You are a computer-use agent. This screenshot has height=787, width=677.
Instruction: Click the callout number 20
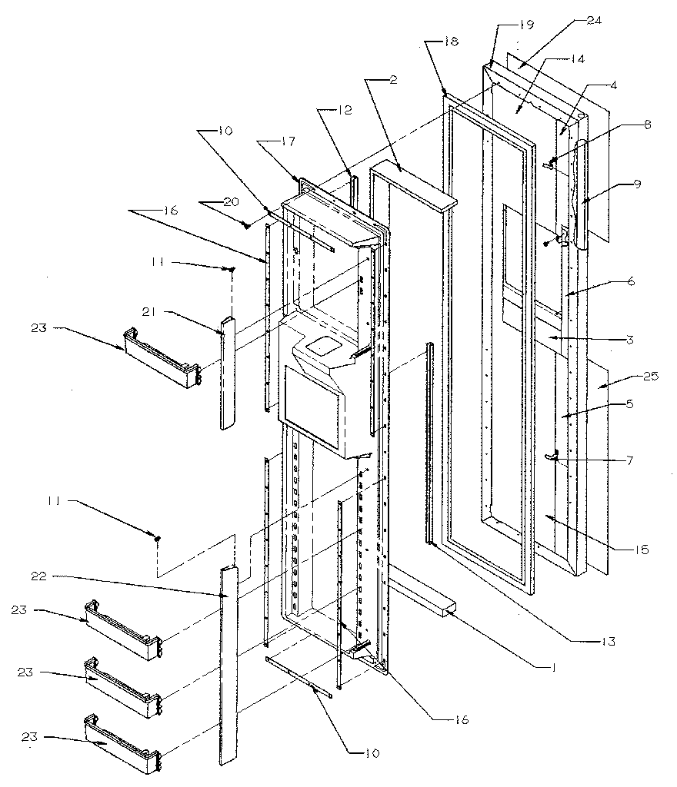pyautogui.click(x=210, y=204)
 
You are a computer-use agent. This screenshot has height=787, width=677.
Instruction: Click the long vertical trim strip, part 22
pyautogui.click(x=228, y=669)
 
